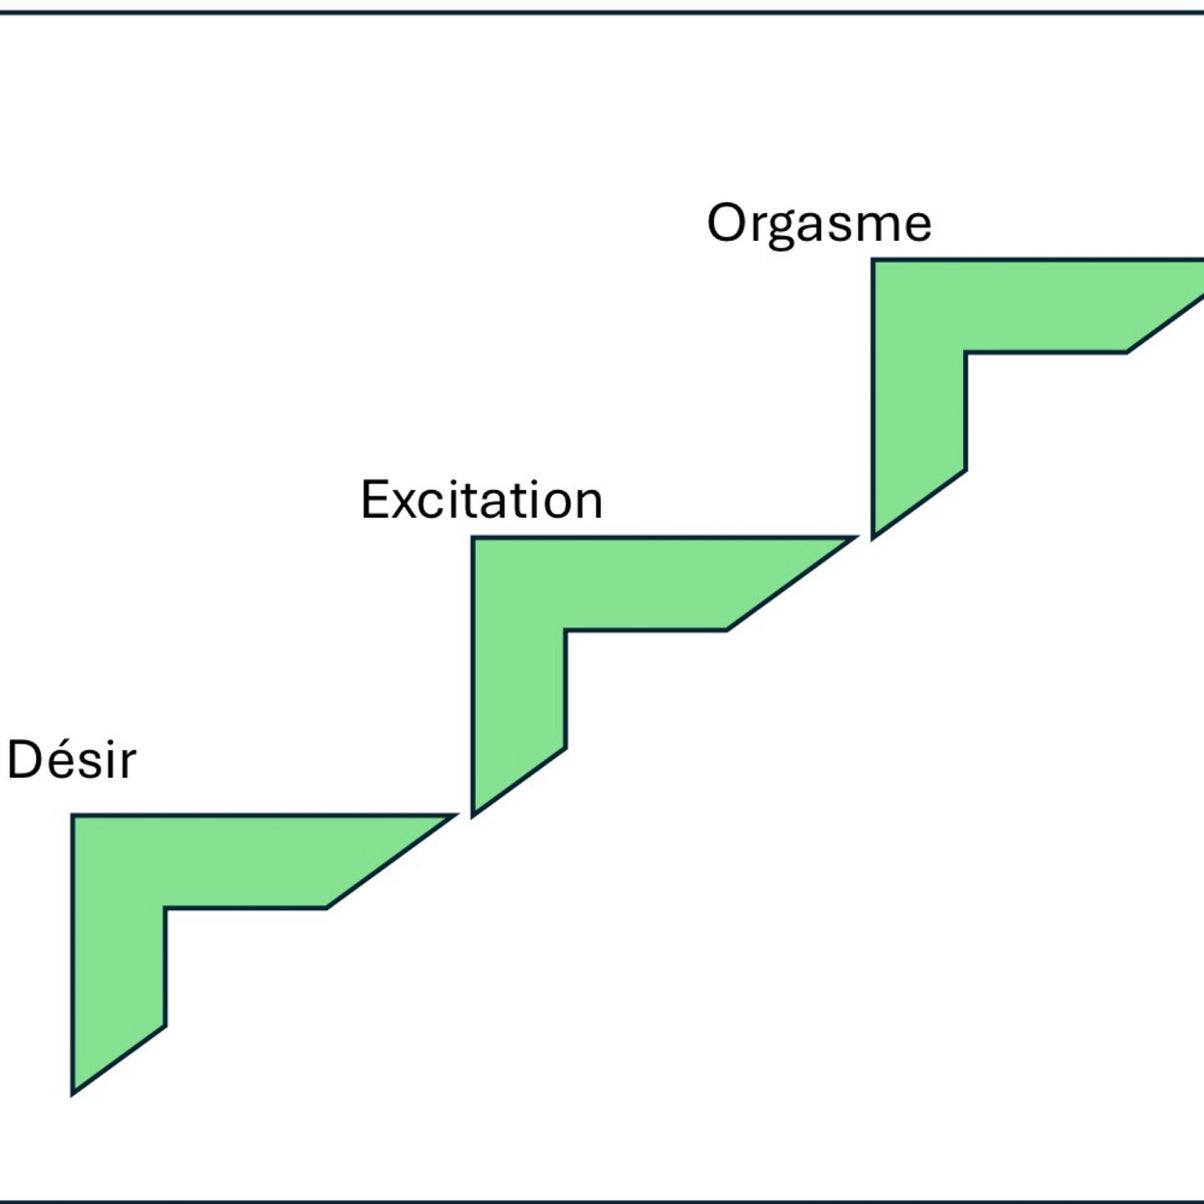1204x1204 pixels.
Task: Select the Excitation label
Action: coord(482,500)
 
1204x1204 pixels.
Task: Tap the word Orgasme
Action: coord(819,225)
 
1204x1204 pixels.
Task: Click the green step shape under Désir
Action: coord(119,862)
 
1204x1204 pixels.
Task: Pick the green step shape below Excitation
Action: coord(519,584)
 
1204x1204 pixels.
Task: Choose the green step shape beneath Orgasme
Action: coord(919,306)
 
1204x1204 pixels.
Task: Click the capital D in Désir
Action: coord(24,760)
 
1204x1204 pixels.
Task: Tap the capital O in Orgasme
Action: coord(727,223)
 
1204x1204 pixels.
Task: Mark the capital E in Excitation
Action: coord(375,500)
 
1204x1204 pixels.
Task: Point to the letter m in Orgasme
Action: coord(875,227)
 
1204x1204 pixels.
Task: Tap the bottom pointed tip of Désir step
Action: coord(72,1096)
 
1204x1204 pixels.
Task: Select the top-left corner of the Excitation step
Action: coord(472,536)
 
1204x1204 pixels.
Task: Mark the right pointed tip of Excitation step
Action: coord(857,537)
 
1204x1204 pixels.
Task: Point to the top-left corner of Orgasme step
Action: coord(872,258)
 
